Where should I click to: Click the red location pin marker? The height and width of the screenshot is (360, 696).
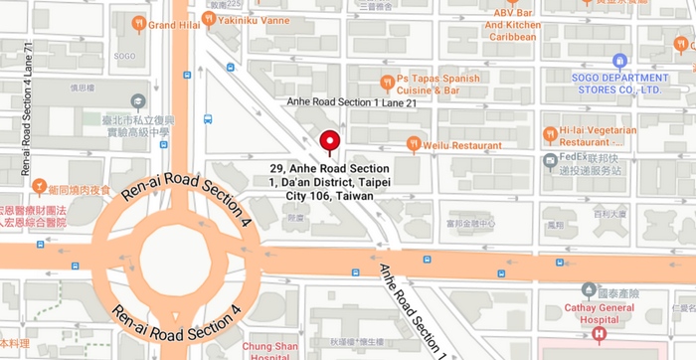330,141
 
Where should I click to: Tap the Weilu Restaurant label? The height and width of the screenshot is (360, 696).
462,145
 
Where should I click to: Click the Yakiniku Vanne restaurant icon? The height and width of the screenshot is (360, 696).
209,18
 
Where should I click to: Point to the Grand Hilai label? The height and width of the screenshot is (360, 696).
176,25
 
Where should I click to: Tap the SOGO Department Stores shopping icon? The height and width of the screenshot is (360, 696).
620,61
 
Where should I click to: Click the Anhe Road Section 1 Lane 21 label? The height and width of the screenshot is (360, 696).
344,102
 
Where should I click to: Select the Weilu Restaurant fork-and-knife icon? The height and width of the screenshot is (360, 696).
414,144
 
